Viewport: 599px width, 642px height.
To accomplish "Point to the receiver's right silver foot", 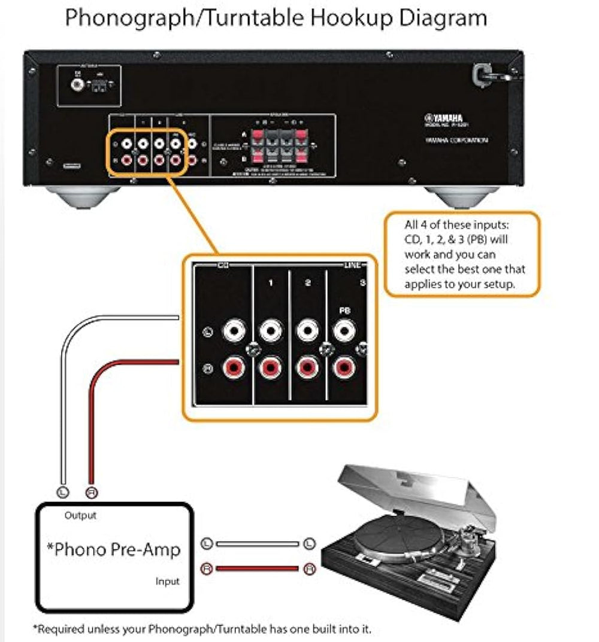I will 462,196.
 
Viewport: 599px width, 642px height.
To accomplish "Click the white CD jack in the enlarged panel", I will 234,330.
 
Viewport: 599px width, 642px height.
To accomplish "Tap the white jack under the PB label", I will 344,330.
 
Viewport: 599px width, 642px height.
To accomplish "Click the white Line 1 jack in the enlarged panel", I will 271,330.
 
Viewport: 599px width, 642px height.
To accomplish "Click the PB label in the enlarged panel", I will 344,311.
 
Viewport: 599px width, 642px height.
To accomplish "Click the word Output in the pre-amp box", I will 80,515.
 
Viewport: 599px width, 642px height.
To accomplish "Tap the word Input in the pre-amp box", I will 167,581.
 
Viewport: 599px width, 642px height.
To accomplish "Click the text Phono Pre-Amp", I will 114,549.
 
